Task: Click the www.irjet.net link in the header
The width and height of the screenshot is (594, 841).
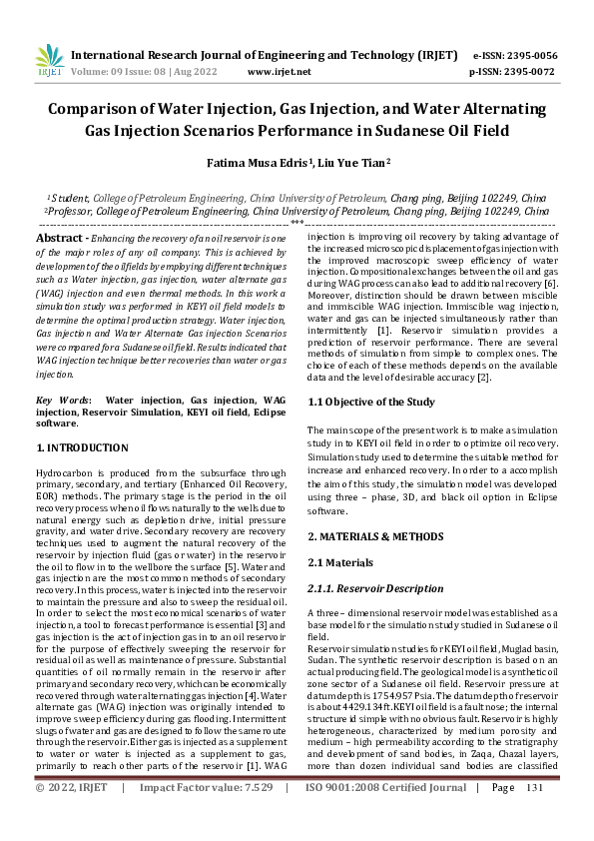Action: (279, 72)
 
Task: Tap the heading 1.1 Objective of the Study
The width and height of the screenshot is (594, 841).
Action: (370, 402)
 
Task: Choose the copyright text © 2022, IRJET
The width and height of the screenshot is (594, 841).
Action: (71, 816)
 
